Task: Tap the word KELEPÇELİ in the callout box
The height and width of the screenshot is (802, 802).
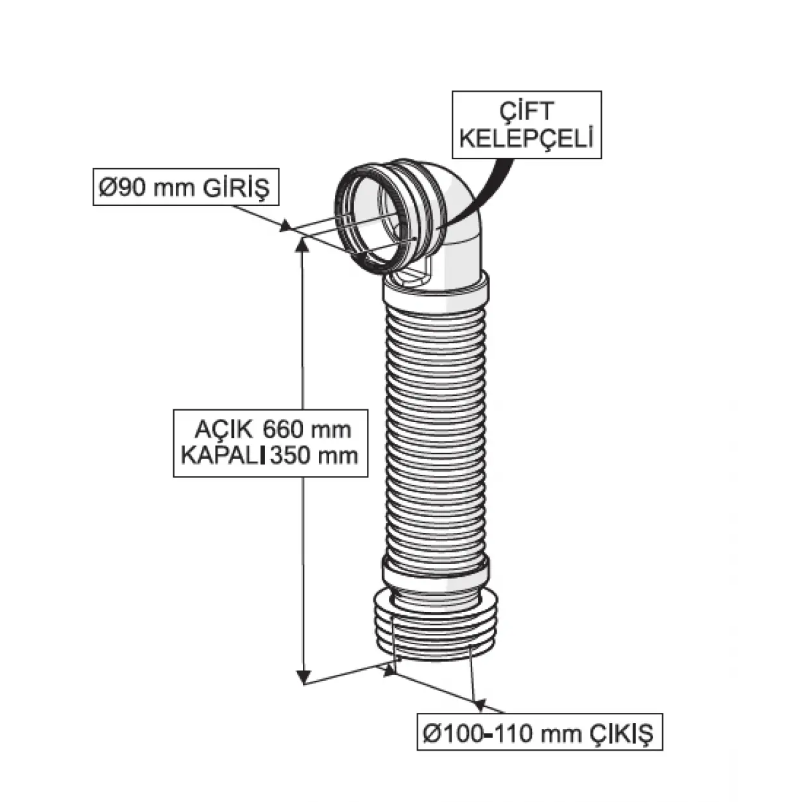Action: pos(526,139)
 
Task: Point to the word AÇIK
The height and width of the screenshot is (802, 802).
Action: pos(219,429)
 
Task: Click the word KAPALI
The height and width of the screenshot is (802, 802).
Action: pos(221,456)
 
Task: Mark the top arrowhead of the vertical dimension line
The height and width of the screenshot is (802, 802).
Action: pos(302,244)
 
